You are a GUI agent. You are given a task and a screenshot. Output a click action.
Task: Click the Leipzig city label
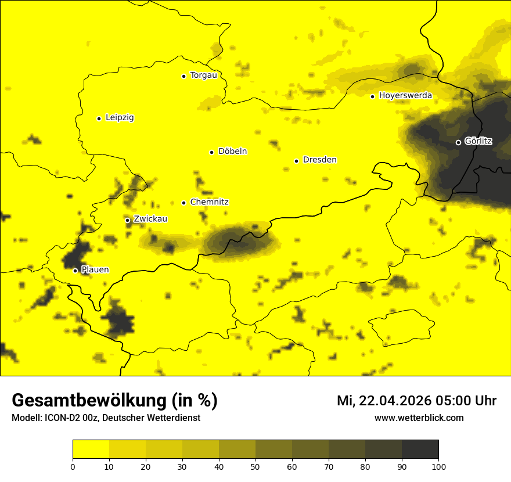point(120,118)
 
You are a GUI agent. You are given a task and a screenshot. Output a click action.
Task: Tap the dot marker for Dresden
point(296,161)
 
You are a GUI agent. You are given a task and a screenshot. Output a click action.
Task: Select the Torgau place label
point(203,75)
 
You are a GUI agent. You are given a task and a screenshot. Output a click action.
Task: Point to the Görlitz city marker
point(458,142)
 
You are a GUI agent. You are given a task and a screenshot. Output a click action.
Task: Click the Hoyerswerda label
point(405,96)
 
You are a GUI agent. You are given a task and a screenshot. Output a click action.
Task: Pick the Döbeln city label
point(232,152)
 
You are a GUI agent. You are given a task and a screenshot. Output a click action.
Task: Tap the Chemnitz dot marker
point(183,203)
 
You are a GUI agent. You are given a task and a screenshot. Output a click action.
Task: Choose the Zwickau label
point(150,220)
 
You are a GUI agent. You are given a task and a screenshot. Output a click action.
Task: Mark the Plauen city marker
point(75,271)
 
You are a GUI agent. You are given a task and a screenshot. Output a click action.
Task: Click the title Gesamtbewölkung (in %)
point(114,401)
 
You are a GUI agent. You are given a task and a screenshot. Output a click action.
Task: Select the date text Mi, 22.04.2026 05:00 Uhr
point(416,401)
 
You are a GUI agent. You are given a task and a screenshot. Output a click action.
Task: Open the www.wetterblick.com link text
point(419,418)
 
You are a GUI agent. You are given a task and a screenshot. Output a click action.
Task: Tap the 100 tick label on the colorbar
point(438,466)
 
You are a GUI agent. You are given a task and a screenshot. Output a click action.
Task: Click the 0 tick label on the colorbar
point(73,466)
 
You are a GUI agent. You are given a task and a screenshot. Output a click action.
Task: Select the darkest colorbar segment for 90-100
point(420,449)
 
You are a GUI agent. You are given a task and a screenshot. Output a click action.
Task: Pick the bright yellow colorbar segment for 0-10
point(91,449)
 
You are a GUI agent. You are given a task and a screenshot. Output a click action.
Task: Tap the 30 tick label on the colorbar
point(182,466)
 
